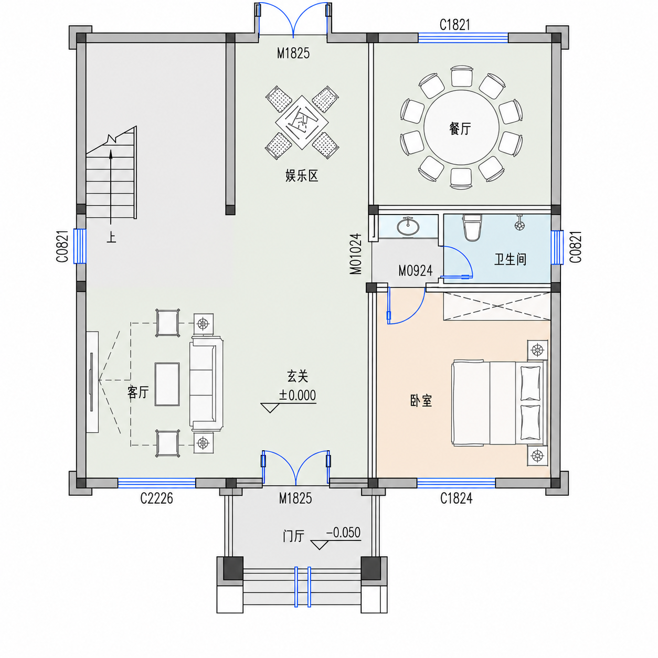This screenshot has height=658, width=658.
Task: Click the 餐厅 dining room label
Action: [460, 129]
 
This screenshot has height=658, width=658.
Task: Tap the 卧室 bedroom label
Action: [421, 400]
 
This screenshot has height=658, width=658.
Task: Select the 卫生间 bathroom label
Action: [510, 259]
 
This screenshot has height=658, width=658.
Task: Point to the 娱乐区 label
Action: [302, 176]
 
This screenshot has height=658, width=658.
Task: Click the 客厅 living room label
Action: [138, 392]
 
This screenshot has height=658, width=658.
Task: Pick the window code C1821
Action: [455, 25]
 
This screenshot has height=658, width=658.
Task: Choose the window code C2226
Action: [157, 498]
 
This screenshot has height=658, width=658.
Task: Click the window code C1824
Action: [456, 498]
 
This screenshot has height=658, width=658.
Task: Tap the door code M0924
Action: [415, 271]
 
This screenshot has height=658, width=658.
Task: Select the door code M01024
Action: [355, 254]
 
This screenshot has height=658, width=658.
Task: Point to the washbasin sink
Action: [408, 226]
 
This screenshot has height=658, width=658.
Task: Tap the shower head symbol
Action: [519, 224]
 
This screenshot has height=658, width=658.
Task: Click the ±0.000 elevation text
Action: [297, 396]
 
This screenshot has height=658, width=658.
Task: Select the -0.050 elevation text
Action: [343, 533]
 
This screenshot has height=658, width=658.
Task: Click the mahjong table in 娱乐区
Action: [302, 122]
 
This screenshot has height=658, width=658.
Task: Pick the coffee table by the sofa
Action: [167, 384]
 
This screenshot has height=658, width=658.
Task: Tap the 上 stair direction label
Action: [111, 237]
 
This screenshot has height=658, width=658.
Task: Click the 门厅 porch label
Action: [293, 536]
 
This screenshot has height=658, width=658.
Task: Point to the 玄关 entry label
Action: [298, 376]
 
